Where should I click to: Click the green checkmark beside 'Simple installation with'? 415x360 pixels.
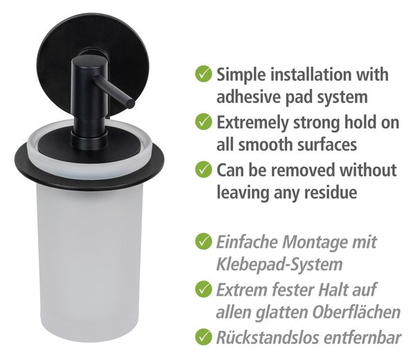coord(203,74)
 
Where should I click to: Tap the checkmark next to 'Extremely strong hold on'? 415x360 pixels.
coord(203,122)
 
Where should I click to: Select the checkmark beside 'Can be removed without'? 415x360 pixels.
coord(203,169)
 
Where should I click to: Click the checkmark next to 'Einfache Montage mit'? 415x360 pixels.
coord(203,241)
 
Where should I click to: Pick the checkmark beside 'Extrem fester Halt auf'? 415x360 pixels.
coord(203,289)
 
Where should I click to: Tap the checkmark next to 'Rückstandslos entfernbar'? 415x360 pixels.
coord(203,337)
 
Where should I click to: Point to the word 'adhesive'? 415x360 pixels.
coord(248,97)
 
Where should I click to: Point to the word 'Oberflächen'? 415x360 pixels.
coord(356,312)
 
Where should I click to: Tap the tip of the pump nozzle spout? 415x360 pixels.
coord(131,103)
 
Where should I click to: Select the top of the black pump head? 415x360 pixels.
coord(87,61)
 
